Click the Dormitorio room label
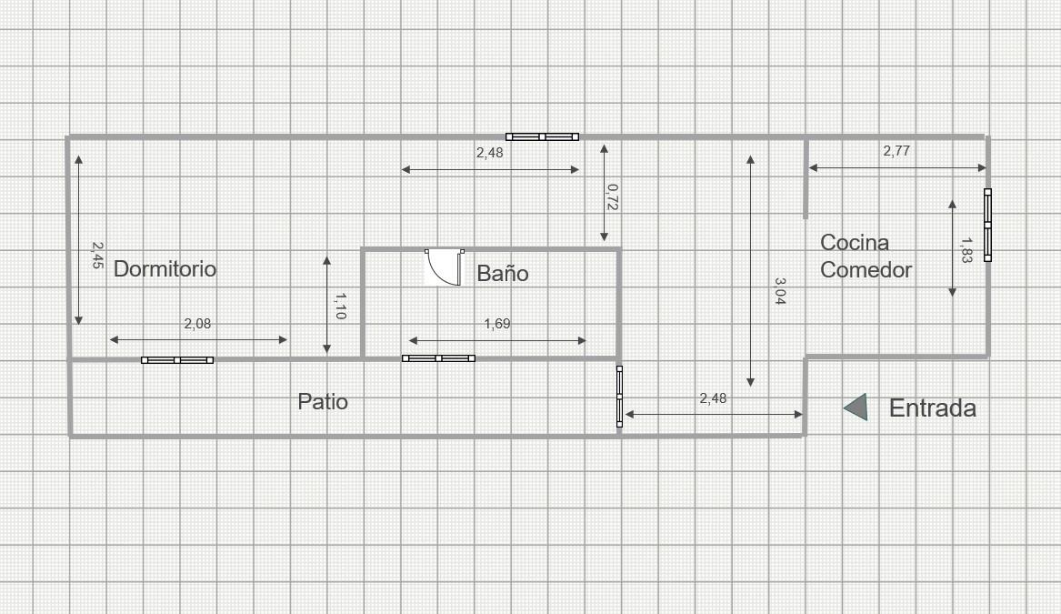165,268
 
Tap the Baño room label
503,273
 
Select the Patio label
323,401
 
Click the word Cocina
855,242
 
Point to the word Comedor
866,269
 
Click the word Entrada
933,408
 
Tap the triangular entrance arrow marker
856,407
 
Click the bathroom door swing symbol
444,267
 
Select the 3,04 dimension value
779,291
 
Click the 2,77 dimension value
896,151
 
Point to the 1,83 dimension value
966,250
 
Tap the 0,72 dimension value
613,197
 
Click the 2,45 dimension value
97,256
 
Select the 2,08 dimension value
197,324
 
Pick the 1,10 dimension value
340,306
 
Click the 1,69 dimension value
497,324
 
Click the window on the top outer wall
542,136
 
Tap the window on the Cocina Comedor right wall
988,225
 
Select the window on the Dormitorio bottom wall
177,360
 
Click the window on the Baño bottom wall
438,358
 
